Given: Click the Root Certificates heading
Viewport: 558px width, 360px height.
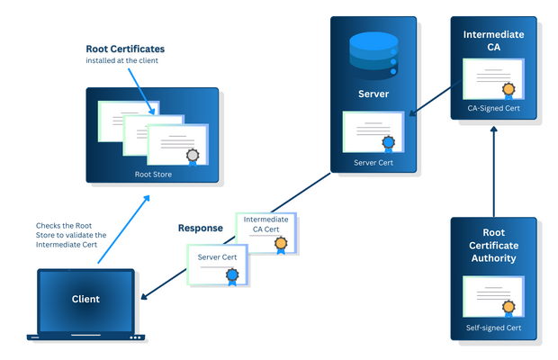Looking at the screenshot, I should (x=125, y=49).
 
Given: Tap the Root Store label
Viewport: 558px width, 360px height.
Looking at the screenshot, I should (x=152, y=175).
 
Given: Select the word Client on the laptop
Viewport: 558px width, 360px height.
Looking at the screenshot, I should (x=85, y=299).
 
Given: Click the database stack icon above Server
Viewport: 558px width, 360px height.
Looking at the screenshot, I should (x=371, y=56).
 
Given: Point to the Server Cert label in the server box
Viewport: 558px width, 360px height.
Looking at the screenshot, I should (x=372, y=162).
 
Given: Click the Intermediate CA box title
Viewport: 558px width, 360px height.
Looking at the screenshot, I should (x=493, y=40).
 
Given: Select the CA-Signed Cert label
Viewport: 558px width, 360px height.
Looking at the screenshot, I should (x=493, y=107).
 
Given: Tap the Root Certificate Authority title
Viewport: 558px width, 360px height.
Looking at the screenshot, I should (x=493, y=246).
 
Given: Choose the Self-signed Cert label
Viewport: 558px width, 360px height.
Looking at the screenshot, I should (x=493, y=328).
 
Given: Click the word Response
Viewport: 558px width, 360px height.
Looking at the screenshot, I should (x=200, y=228).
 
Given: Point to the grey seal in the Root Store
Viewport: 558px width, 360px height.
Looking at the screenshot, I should (x=192, y=155).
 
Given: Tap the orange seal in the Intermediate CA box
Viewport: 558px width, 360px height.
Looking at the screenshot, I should (x=509, y=89).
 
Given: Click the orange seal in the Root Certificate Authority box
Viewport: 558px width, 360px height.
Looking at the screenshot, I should (x=509, y=308).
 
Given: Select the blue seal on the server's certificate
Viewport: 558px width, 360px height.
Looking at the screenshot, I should (x=388, y=142).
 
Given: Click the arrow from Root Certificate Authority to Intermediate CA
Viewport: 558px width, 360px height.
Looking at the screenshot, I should (x=493, y=171).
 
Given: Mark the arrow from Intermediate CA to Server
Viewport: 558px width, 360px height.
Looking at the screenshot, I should (x=432, y=99).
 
